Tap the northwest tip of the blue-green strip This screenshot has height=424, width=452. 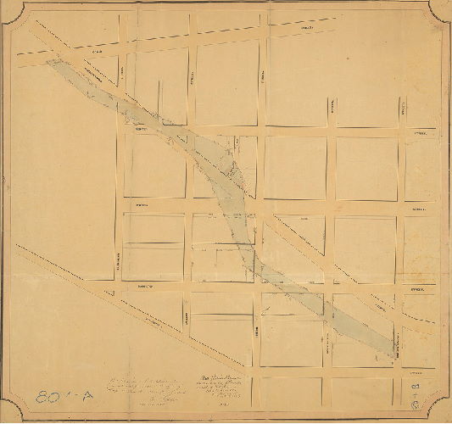51,61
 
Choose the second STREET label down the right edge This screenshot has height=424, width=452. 420,209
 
